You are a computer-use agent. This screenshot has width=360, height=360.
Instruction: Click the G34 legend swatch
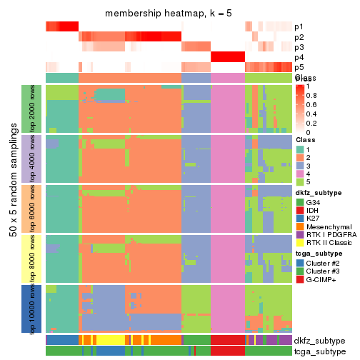pyautogui.click(x=299, y=202)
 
